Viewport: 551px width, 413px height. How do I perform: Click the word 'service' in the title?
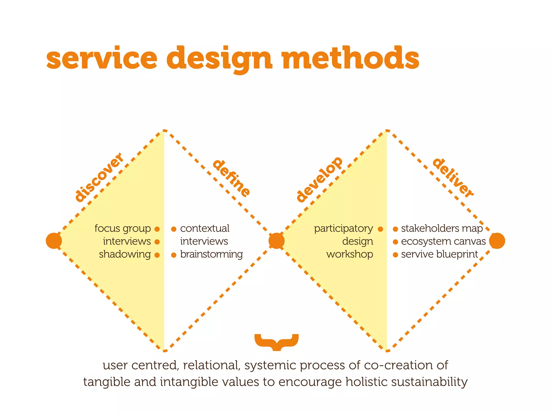tap(101, 58)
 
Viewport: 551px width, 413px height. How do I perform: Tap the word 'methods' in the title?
tap(350, 58)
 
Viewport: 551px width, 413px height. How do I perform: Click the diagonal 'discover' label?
tap(99, 177)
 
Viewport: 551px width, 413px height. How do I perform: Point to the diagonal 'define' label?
tap(231, 178)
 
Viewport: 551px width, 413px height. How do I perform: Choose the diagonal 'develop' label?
tap(319, 179)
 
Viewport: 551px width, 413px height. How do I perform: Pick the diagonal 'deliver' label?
tap(453, 178)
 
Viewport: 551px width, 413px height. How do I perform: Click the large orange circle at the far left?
tap(54, 241)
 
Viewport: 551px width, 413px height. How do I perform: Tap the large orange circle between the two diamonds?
tap(276, 241)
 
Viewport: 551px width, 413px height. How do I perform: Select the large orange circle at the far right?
tap(497, 241)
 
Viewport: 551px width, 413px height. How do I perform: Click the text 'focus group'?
tap(123, 229)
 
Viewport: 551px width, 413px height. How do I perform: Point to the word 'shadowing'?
tap(125, 254)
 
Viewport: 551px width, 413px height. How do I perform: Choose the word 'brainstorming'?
tap(211, 254)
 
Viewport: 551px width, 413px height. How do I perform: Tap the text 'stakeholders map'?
tap(442, 229)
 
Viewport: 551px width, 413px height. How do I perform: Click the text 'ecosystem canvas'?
tap(443, 241)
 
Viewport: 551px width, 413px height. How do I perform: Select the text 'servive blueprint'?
tap(439, 254)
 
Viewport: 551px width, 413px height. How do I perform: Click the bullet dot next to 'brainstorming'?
tap(174, 255)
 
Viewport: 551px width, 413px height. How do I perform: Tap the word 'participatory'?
tap(343, 229)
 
